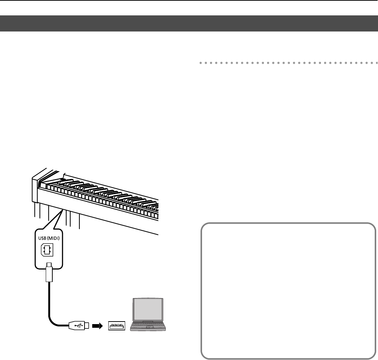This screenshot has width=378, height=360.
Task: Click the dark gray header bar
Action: coord(189,23)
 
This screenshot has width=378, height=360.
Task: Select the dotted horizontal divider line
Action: coord(286,63)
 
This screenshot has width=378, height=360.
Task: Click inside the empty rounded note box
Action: coord(288,291)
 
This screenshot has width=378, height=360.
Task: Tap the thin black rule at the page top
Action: coord(189,0)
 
